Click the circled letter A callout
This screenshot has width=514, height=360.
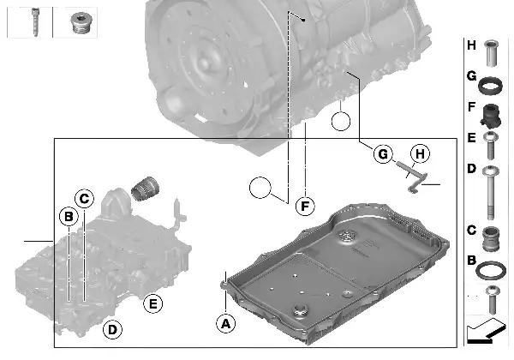[x=226, y=323]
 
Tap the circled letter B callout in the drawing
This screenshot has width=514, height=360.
[x=69, y=218]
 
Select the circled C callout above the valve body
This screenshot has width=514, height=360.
[x=83, y=199]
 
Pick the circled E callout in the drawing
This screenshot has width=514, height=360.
[x=152, y=303]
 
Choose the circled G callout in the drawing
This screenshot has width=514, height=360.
[x=383, y=154]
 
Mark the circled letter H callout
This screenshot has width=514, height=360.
[x=418, y=154]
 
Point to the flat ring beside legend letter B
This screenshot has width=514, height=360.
[x=490, y=271]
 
